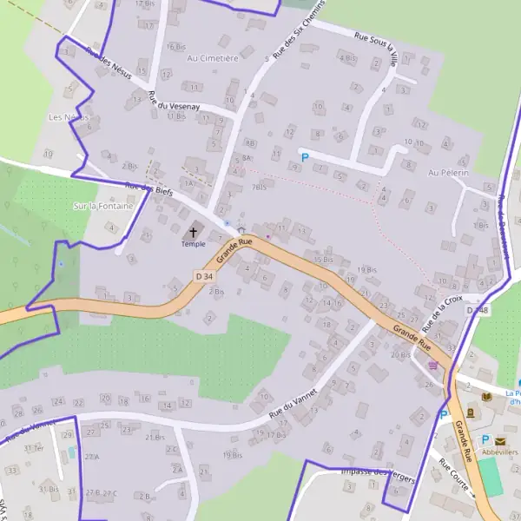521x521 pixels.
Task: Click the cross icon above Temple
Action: (193, 232)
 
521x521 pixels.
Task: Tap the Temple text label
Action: (193, 244)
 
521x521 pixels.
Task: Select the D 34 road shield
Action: (204, 276)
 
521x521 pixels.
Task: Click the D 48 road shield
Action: (477, 310)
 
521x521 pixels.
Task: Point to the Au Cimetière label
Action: (212, 58)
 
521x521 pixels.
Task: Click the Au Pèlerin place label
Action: (448, 173)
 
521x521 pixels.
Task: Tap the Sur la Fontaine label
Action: (104, 207)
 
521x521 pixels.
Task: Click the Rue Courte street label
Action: (456, 478)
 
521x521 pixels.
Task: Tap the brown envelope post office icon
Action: (500, 441)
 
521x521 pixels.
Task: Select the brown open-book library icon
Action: (471, 412)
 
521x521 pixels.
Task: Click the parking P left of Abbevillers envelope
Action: (485, 440)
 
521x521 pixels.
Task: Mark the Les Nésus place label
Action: (66, 116)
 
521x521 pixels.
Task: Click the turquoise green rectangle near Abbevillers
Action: (491, 477)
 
